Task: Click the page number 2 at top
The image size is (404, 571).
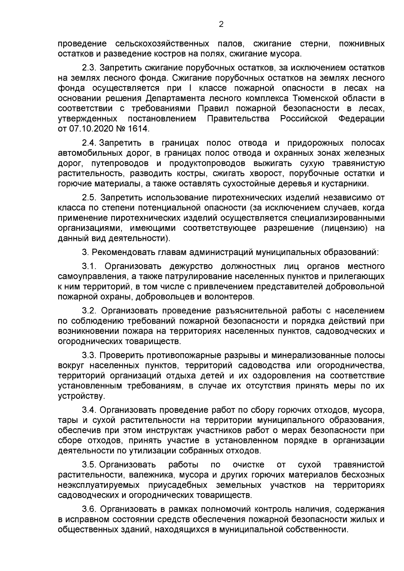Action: (221, 24)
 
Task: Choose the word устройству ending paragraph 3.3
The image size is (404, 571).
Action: (81, 396)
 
